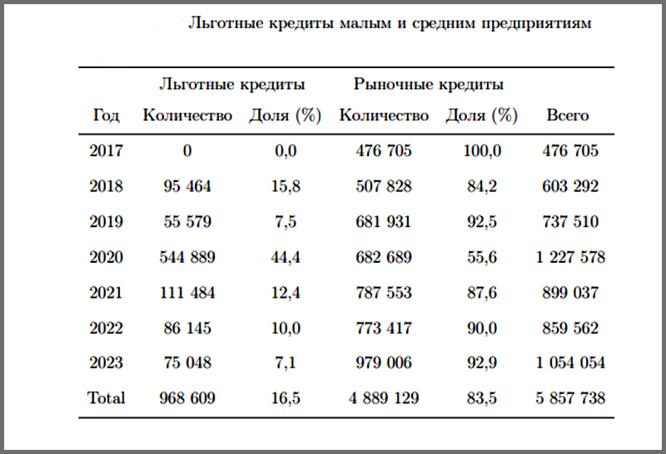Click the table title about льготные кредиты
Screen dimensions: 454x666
click(390, 23)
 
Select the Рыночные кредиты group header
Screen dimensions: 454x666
click(428, 84)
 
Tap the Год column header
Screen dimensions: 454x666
click(106, 116)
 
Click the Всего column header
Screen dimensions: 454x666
click(567, 116)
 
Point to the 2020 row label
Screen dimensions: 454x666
click(106, 258)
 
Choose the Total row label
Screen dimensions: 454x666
click(106, 398)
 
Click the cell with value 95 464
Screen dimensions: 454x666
click(187, 186)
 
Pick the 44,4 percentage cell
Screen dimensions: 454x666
click(286, 258)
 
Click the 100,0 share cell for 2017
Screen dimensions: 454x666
click(482, 151)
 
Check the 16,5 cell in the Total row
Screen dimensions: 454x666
click(286, 398)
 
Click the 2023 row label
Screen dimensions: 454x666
click(106, 363)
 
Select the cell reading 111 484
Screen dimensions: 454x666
click(187, 293)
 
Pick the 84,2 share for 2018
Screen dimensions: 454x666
click(482, 186)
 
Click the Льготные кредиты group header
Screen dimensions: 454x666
click(231, 84)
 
